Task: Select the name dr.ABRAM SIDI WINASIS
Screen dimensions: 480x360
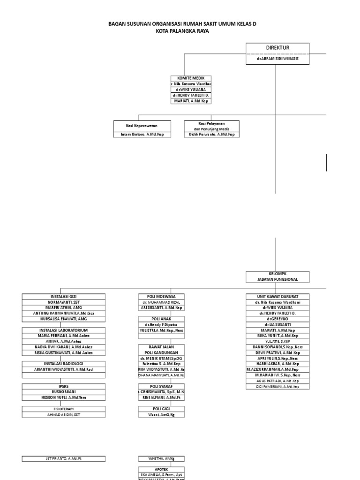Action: click(277, 60)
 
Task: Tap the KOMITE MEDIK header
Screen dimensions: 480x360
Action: click(191, 78)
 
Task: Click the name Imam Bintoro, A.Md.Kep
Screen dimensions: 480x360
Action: click(142, 134)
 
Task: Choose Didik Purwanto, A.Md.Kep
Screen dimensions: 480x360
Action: click(212, 134)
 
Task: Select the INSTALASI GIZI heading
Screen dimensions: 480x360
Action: click(64, 296)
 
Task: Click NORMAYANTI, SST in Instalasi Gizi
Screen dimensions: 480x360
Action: click(64, 302)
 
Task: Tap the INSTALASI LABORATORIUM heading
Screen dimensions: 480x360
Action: click(64, 330)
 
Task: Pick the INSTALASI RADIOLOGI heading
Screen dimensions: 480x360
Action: click(64, 364)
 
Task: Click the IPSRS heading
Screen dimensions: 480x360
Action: click(64, 386)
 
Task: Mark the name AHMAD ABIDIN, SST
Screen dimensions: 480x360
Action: click(64, 414)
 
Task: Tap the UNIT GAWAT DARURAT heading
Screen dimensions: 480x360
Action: click(277, 296)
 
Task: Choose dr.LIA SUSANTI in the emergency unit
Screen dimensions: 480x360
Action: click(277, 324)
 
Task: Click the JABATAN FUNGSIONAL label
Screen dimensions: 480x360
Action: click(277, 279)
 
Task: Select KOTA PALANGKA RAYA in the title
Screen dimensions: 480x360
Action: click(182, 31)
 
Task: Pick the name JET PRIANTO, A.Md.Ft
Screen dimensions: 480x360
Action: click(64, 458)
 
